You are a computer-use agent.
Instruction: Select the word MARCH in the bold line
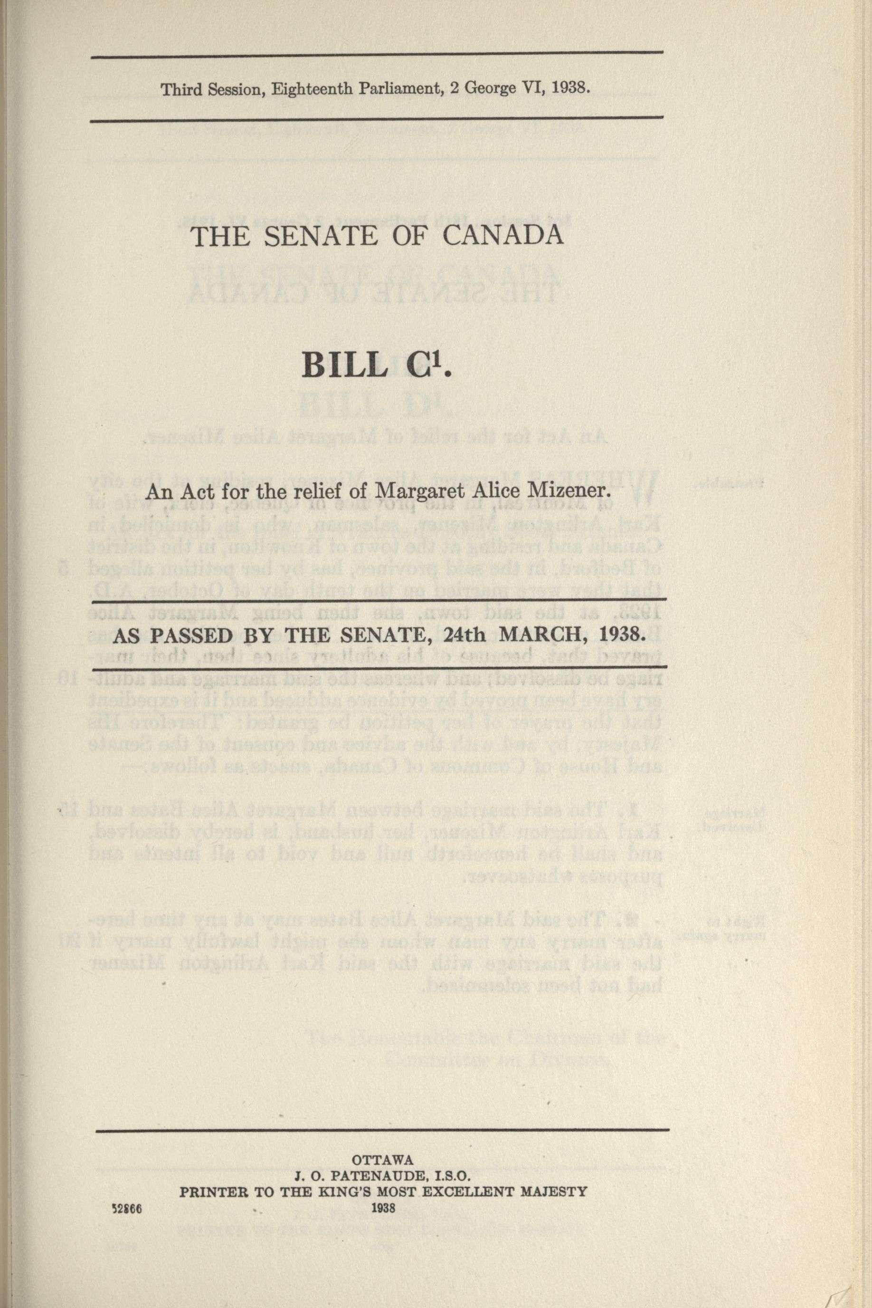pyautogui.click(x=536, y=633)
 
